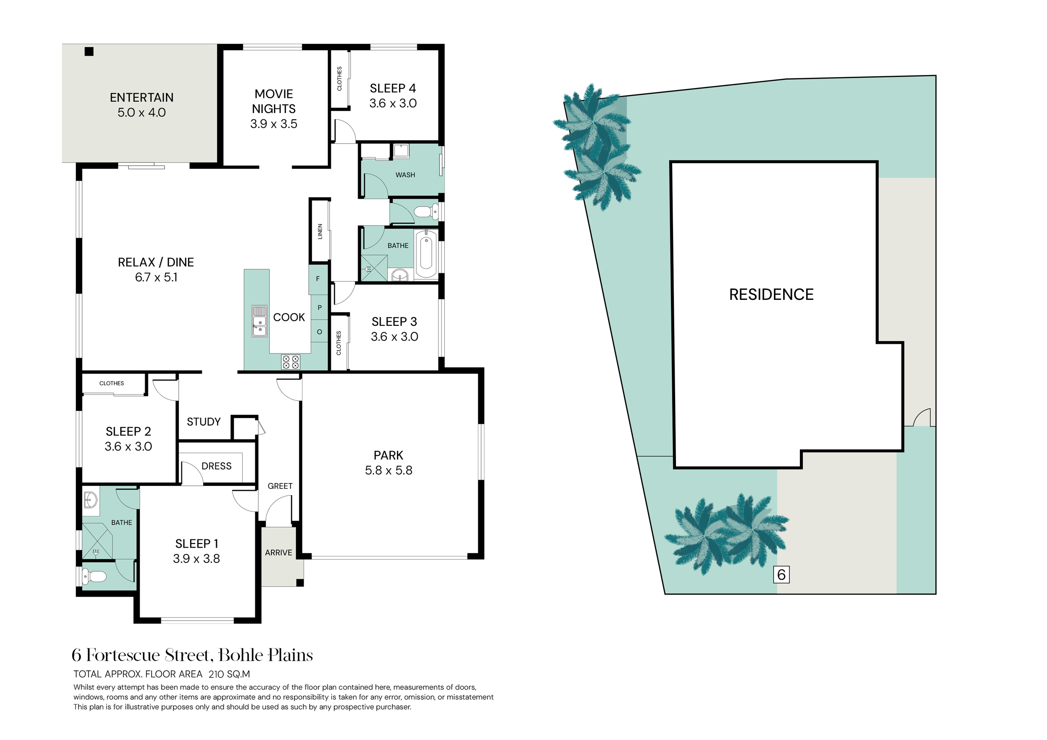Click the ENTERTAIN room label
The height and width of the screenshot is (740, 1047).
pyautogui.click(x=142, y=98)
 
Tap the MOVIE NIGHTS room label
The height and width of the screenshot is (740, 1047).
pyautogui.click(x=273, y=101)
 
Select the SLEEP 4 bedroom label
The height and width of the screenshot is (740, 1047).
pyautogui.click(x=393, y=88)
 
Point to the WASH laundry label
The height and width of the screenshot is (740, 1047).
pyautogui.click(x=405, y=175)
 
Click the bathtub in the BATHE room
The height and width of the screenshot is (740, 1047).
pyautogui.click(x=426, y=254)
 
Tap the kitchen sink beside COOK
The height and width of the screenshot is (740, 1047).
pyautogui.click(x=260, y=321)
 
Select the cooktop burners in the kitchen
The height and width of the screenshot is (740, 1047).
pyautogui.click(x=291, y=361)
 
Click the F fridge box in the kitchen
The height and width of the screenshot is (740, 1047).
pyautogui.click(x=318, y=278)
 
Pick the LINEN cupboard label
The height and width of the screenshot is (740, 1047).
pyautogui.click(x=320, y=231)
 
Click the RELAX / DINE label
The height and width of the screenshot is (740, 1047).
pyautogui.click(x=156, y=262)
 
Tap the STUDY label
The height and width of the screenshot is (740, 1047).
pyautogui.click(x=204, y=422)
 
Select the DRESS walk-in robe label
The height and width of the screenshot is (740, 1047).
pyautogui.click(x=217, y=466)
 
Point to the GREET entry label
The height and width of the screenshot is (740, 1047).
pyautogui.click(x=280, y=486)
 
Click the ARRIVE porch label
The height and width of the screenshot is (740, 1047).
pyautogui.click(x=279, y=553)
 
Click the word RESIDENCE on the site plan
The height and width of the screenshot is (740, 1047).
pyautogui.click(x=771, y=294)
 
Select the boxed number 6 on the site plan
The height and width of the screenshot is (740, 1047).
pyautogui.click(x=781, y=575)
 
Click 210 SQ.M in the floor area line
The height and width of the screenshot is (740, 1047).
pyautogui.click(x=230, y=674)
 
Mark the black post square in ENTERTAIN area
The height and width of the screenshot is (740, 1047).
pyautogui.click(x=89, y=52)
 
